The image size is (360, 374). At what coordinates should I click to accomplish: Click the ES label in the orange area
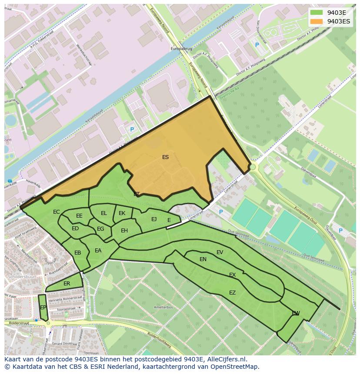click(x=165, y=157)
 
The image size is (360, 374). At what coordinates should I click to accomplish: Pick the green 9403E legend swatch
click(x=317, y=13)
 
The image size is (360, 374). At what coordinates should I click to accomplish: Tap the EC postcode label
click(x=57, y=212)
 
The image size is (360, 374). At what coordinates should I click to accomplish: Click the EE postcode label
click(x=79, y=216)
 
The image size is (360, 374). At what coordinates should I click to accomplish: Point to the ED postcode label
click(x=75, y=228)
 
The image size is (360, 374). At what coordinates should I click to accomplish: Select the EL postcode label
click(x=104, y=213)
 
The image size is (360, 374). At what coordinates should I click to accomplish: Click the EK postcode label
click(x=122, y=213)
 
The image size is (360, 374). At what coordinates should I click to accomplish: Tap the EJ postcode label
click(x=154, y=219)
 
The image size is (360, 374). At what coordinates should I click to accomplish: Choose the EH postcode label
click(x=124, y=231)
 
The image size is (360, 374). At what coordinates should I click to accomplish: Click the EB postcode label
click(x=78, y=253)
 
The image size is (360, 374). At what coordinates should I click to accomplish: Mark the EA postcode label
click(x=98, y=251)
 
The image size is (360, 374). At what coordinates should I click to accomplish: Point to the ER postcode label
click(x=67, y=284)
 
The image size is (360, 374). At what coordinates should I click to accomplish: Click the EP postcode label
click(x=43, y=308)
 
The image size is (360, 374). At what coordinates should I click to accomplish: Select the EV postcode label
click(x=220, y=252)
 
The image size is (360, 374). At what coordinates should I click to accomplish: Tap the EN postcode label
click(x=203, y=259)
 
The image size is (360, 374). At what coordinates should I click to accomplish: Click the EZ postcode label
click(x=232, y=293)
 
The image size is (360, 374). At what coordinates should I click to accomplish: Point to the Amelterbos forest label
click(x=163, y=307)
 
